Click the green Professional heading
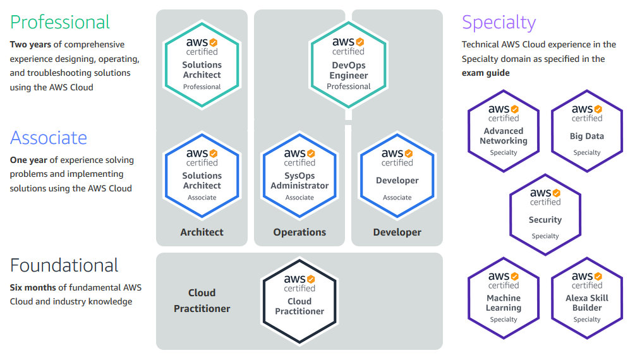pyautogui.click(x=59, y=22)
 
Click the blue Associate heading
pyautogui.click(x=48, y=138)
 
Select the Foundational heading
pyautogui.click(x=64, y=266)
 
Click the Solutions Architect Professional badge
pyautogui.click(x=202, y=65)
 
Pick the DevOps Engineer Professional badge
pyautogui.click(x=348, y=65)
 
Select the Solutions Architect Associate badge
pyautogui.click(x=202, y=176)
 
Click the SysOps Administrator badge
pyautogui.click(x=299, y=176)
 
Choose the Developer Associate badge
pyautogui.click(x=397, y=176)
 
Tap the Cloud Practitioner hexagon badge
pyautogui.click(x=299, y=301)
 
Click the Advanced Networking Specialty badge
pyautogui.click(x=504, y=131)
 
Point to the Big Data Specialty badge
pyautogui.click(x=587, y=131)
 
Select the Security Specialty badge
pyautogui.click(x=545, y=215)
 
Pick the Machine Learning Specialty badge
pyautogui.click(x=504, y=298)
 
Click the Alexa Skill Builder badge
pyautogui.click(x=587, y=298)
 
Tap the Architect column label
pyautogui.click(x=202, y=232)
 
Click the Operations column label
pyautogui.click(x=299, y=232)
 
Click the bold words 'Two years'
pyautogui.click(x=30, y=45)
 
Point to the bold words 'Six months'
pyautogui.click(x=33, y=287)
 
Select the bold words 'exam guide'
pyautogui.click(x=485, y=73)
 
